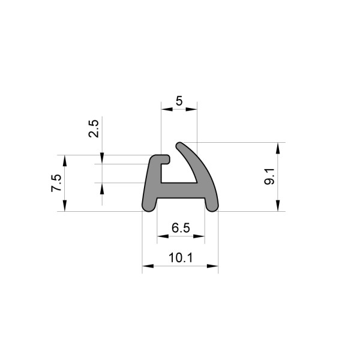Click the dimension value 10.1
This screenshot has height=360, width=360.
pos(180,258)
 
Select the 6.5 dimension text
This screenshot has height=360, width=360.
pos(180,227)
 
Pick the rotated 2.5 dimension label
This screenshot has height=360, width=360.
pos(94,129)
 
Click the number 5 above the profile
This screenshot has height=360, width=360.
pos(179,101)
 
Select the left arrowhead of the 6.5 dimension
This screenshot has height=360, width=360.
pos(161,237)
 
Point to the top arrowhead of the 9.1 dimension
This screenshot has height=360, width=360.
pos(277,147)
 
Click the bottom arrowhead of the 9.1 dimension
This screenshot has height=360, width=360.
pos(277,206)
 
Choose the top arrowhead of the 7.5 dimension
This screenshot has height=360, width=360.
pos(64,159)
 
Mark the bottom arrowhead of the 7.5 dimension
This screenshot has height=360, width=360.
pos(64,206)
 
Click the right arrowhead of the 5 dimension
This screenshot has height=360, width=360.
pos(193,109)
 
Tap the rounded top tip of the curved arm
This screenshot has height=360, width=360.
pos(180,145)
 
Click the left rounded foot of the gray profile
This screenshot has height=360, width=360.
pos(148,206)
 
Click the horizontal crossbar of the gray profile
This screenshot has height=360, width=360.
pos(180,190)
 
